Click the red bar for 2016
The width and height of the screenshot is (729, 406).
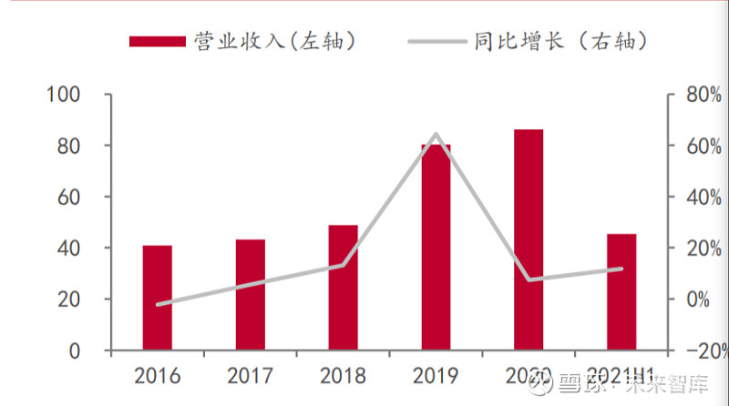157,298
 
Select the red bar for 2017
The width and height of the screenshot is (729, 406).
250,295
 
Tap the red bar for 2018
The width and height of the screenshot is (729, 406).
344,288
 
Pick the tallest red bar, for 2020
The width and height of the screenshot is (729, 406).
529,240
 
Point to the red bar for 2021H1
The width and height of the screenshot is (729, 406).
621,292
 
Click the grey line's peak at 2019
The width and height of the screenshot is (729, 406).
436,135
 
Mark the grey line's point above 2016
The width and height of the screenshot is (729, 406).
157,304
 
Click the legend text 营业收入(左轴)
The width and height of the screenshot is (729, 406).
274,41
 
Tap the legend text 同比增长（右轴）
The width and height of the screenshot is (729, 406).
561,41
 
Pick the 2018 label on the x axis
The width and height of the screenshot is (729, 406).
344,376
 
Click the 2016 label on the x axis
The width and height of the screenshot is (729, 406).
157,376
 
